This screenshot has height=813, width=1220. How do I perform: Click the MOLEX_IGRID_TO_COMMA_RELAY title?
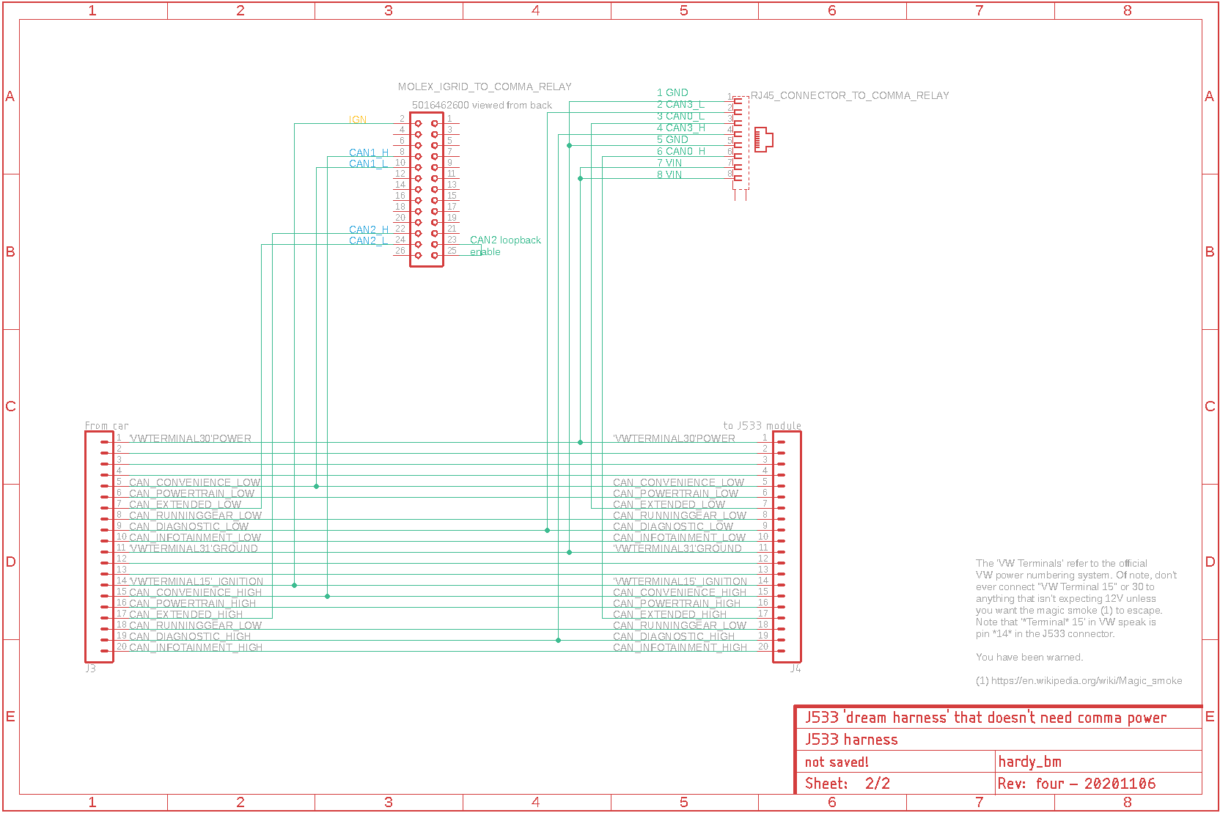coord(485,87)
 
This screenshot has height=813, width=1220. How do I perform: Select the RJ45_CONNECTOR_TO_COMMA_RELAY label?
coord(850,95)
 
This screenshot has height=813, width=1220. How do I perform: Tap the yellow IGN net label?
coord(358,119)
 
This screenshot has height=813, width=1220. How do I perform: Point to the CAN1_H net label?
coord(369,152)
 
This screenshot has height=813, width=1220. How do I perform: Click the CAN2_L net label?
coord(368,240)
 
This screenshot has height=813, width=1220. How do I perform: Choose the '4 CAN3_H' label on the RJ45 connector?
coord(680,128)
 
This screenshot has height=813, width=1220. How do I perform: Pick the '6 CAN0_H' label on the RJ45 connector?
coord(680,151)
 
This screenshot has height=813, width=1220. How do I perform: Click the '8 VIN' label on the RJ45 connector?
coord(669,174)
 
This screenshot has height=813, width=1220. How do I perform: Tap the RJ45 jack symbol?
coord(763,139)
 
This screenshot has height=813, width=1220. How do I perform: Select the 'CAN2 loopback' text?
coord(505,240)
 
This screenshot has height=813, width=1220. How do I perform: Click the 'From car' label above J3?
coord(106,425)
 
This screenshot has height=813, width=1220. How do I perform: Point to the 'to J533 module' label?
coord(762,425)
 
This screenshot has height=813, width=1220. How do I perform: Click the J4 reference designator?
coord(795,669)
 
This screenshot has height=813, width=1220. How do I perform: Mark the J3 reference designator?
coord(90,669)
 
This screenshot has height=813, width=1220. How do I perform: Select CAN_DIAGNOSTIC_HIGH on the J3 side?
coord(189,636)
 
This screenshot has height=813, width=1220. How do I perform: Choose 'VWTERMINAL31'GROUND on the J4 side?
coord(677,548)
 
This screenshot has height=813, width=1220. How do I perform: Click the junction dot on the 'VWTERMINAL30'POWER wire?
coord(580,442)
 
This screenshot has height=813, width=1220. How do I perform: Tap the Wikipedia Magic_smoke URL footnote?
coord(1078,680)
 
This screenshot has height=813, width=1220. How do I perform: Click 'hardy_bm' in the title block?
coord(1029,762)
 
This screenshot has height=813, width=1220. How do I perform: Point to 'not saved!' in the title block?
coord(837,762)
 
